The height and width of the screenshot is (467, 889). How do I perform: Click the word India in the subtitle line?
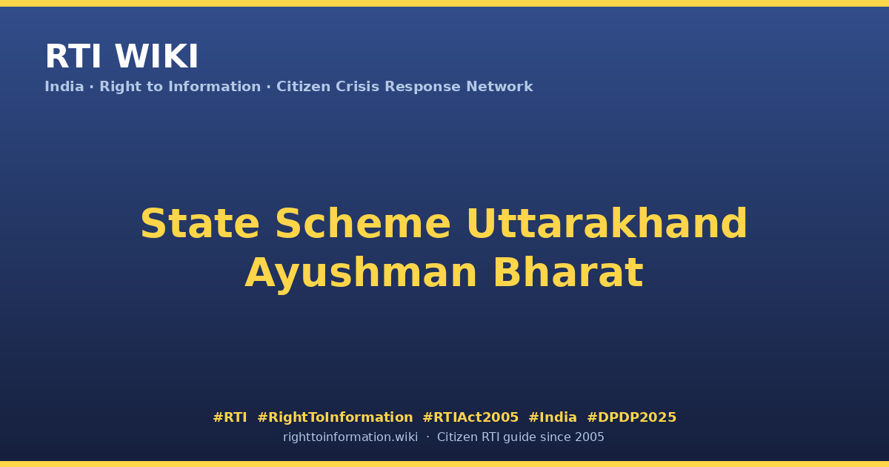[x=64, y=87]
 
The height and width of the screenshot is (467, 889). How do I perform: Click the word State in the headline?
[x=200, y=223]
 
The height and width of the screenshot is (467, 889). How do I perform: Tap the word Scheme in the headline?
[x=363, y=223]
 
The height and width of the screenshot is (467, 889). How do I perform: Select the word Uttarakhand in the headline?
[x=607, y=223]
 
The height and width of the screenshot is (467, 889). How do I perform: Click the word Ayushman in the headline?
[x=361, y=273]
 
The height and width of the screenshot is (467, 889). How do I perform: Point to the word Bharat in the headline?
[x=568, y=273]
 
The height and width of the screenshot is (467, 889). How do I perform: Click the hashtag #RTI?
[x=230, y=417]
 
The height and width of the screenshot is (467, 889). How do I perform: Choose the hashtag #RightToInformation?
[x=335, y=417]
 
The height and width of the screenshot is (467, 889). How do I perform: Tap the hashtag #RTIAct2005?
[x=470, y=417]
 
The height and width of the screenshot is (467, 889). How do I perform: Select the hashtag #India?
[x=553, y=417]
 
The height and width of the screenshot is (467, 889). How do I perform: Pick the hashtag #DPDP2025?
[x=631, y=417]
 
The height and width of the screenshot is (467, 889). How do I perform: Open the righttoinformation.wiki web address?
[x=350, y=437]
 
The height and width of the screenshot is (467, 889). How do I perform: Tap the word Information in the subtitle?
[x=215, y=87]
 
